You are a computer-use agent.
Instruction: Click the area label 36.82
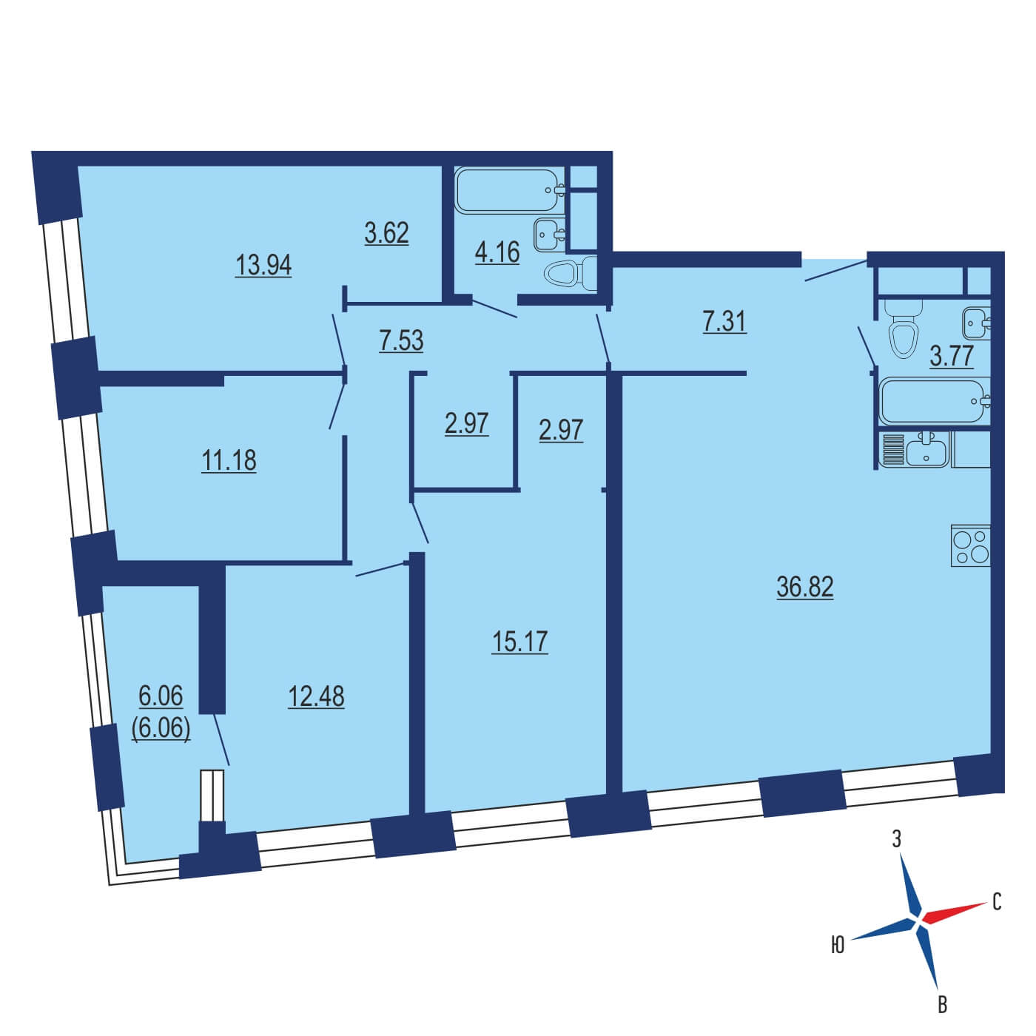(805, 587)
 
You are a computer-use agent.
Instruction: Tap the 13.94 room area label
(263, 265)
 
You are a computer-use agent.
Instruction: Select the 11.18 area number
(229, 461)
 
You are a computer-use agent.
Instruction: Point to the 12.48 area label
(316, 697)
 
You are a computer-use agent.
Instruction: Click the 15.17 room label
(520, 642)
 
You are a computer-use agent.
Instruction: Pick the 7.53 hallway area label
(401, 340)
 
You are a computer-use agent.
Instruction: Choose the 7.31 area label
(724, 322)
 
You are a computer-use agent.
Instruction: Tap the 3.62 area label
(386, 233)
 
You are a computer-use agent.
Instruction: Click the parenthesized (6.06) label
(161, 730)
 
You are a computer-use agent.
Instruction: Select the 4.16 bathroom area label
(497, 252)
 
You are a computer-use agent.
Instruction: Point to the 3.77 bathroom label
(952, 356)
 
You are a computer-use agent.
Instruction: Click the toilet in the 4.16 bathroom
(571, 274)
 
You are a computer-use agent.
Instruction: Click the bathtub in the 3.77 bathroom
(935, 402)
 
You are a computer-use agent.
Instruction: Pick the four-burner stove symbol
(970, 545)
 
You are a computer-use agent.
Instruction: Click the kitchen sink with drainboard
(915, 449)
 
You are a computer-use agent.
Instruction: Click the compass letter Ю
(838, 945)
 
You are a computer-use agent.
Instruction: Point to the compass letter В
(942, 1005)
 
